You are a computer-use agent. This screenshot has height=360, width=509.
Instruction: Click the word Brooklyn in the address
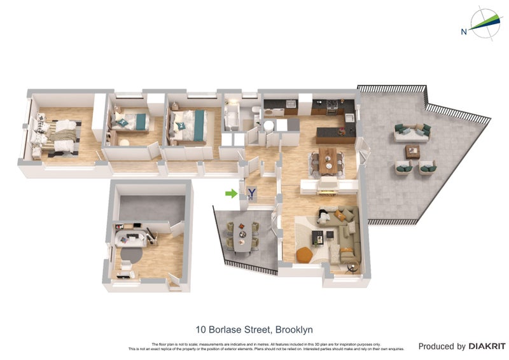[293, 329]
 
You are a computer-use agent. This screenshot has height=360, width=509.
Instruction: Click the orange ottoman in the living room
[305, 253]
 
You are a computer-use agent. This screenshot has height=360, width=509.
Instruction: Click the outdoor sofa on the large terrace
[412, 132]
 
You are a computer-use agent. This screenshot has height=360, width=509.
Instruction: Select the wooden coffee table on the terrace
[413, 151]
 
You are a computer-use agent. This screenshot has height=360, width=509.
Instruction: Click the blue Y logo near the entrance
[252, 193]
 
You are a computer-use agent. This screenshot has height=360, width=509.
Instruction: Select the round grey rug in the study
[129, 253]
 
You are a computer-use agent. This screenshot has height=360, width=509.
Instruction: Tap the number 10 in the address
[202, 329]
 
